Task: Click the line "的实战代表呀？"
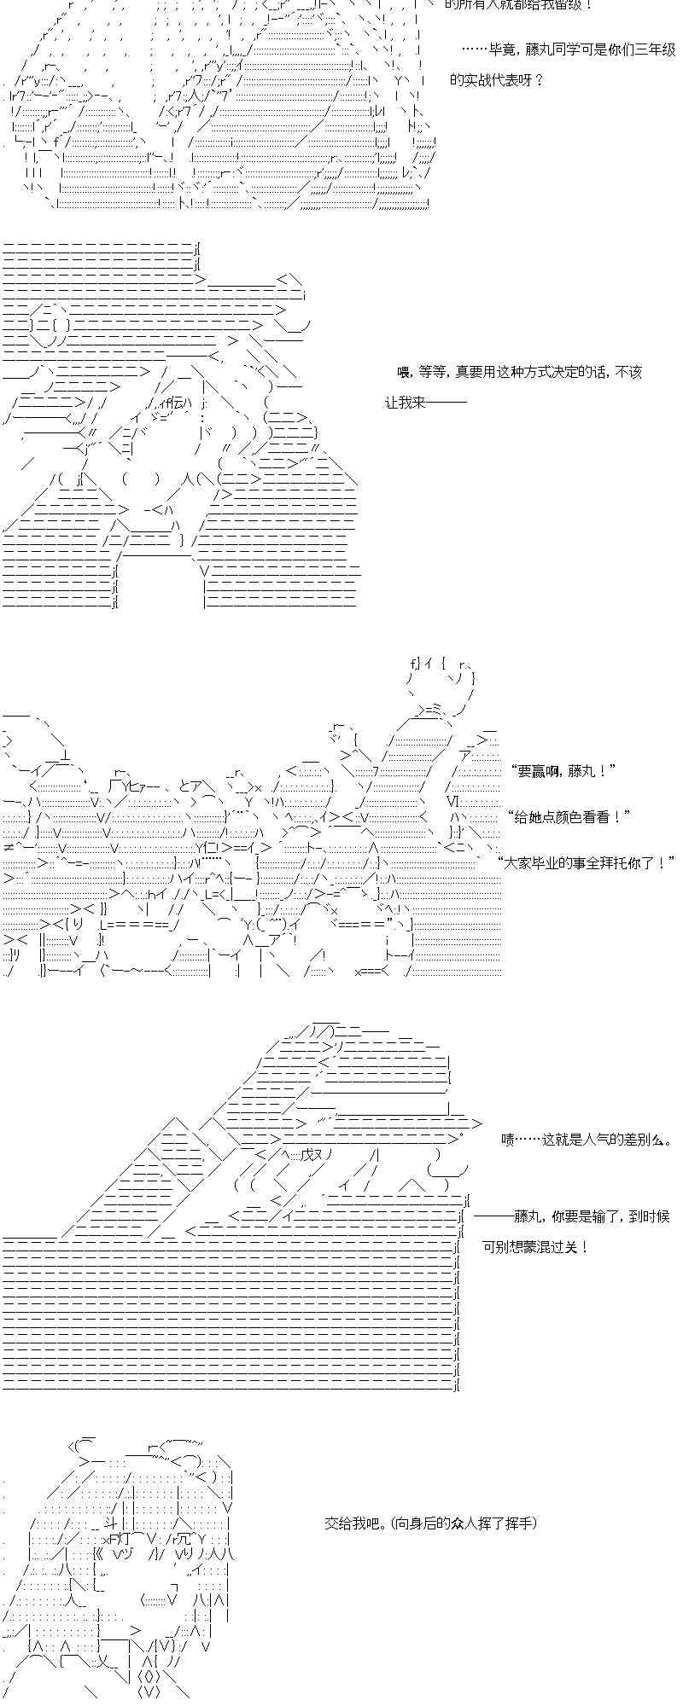(x=497, y=81)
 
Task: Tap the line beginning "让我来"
(x=425, y=403)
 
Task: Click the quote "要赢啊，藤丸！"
(x=563, y=771)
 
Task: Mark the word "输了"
(x=607, y=1216)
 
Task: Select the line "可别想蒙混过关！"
(x=535, y=1247)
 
